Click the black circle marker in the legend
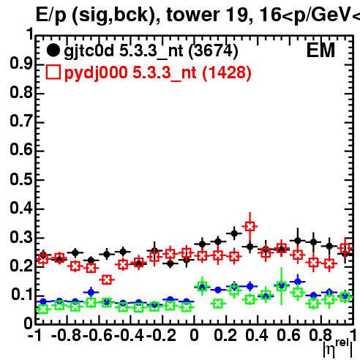coord(53,50)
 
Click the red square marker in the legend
coord(53,72)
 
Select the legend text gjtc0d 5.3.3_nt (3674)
coord(151,51)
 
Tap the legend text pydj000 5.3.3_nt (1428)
coord(158,73)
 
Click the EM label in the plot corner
coord(320,50)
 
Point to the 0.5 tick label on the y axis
coord(21,179)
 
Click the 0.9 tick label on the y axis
coord(21,64)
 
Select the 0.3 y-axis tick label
coord(21,237)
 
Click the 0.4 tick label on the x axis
coord(257,335)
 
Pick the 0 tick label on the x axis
coord(194,335)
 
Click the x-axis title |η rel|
coord(338,348)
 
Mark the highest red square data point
coord(250,226)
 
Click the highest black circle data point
coord(234,233)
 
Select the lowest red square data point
coord(107,280)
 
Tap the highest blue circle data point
coord(297,282)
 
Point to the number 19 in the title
coord(239,15)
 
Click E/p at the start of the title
coord(51,15)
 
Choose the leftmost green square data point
coord(43,310)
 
